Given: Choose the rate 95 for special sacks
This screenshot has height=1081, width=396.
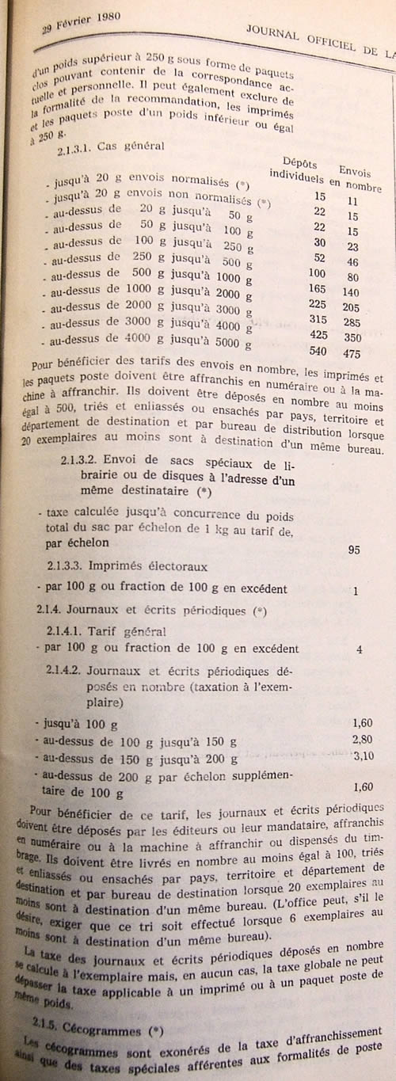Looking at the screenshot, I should click(x=356, y=550).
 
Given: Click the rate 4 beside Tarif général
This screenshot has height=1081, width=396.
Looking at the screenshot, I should click(x=359, y=649).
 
